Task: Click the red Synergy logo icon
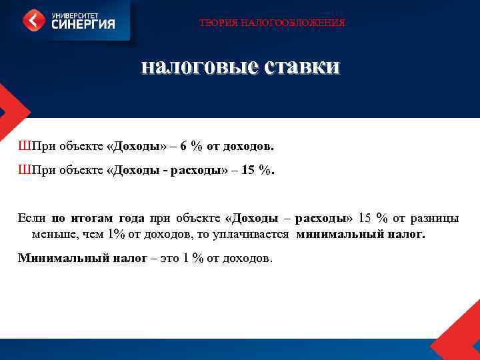click(x=35, y=21)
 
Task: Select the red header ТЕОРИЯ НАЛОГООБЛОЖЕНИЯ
click(x=272, y=23)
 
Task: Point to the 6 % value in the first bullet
click(x=190, y=145)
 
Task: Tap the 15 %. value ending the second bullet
click(x=257, y=170)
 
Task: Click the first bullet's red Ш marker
click(x=24, y=145)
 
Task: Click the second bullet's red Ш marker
click(x=24, y=170)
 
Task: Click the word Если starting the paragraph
click(x=31, y=218)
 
